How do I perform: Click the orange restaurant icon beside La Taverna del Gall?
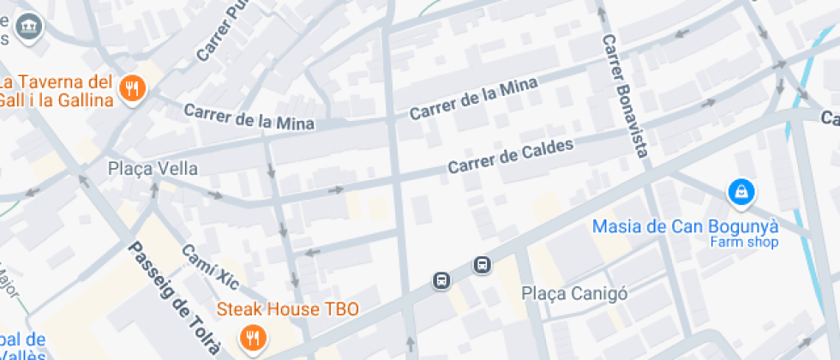point(132,88)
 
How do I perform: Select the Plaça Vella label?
point(153,169)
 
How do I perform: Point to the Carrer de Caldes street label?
point(510,156)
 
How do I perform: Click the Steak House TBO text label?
point(287,309)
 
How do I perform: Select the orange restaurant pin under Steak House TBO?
point(252,338)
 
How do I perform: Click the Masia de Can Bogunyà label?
point(686,226)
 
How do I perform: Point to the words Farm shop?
point(743,243)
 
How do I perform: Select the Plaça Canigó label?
point(575,294)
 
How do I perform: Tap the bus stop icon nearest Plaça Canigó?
point(483,265)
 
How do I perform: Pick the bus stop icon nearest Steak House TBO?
point(441,280)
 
